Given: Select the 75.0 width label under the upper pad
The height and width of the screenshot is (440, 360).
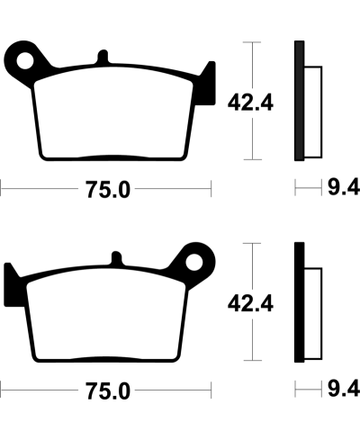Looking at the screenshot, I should (108, 190).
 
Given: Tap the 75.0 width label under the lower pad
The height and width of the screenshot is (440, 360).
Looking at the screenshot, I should (108, 392).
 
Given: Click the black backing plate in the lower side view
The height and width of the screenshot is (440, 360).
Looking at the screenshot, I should (299, 301).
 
